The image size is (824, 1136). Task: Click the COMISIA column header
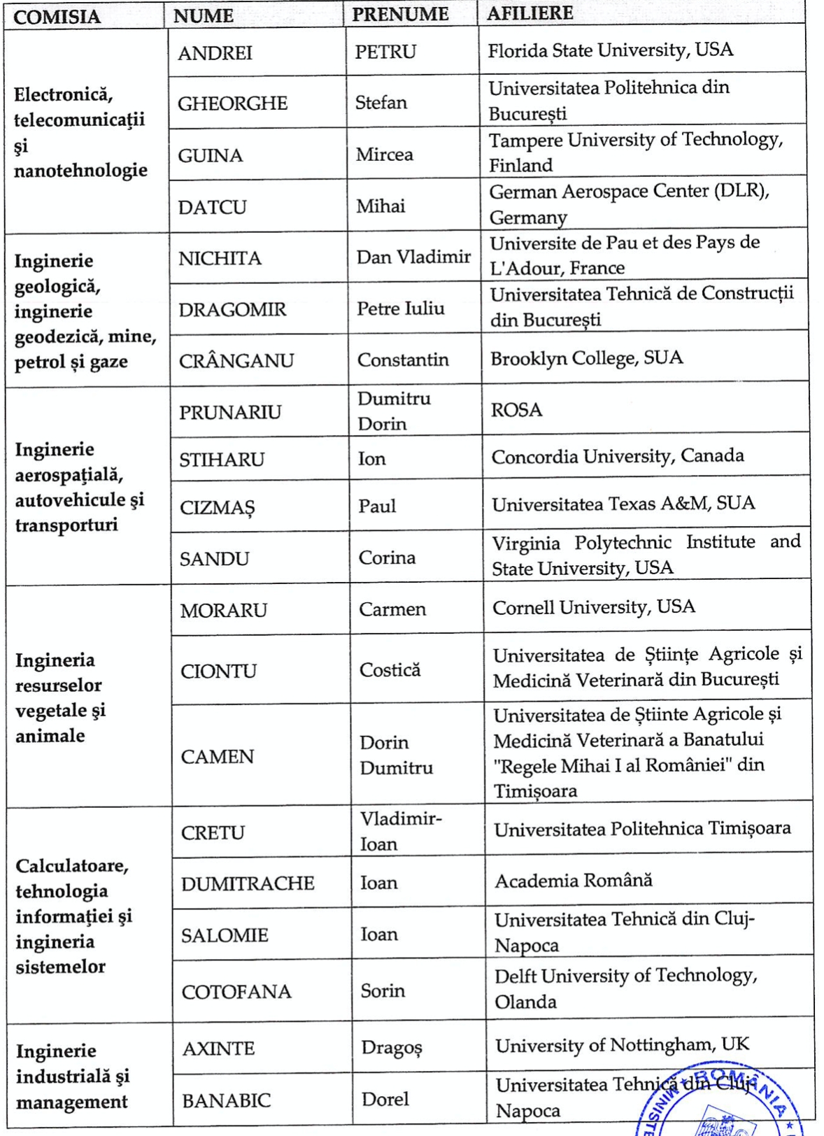click(x=57, y=17)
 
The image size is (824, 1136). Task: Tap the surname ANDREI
click(x=215, y=53)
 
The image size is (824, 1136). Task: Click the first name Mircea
click(x=384, y=154)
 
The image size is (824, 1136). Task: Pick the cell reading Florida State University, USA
click(x=610, y=50)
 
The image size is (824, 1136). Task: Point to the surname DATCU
click(x=212, y=207)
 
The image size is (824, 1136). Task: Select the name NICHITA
click(x=220, y=258)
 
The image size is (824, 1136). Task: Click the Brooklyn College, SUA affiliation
click(x=586, y=358)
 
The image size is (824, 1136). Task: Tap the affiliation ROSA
click(x=516, y=410)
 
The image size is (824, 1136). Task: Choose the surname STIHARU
click(x=222, y=460)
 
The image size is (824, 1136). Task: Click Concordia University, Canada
click(x=617, y=456)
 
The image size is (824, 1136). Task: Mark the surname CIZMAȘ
click(x=218, y=508)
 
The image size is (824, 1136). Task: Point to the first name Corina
click(x=387, y=558)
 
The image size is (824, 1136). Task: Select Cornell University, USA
click(x=593, y=606)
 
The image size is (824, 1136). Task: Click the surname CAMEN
click(x=217, y=756)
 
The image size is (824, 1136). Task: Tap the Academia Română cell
click(x=574, y=880)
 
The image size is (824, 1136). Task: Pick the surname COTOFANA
click(x=236, y=992)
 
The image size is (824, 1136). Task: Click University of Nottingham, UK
click(x=622, y=1045)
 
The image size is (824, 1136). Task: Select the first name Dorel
click(x=385, y=1099)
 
